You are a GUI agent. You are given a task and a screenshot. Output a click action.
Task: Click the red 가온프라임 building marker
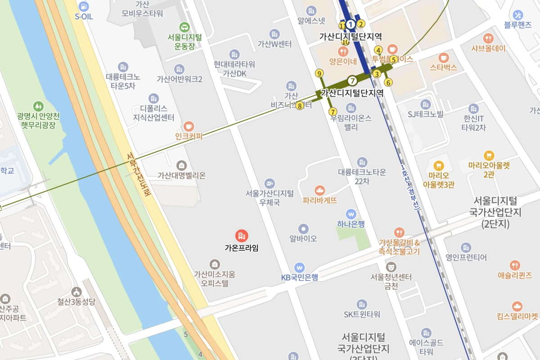coord(242,235)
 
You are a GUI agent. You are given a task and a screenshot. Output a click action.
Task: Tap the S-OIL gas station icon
coord(83,6)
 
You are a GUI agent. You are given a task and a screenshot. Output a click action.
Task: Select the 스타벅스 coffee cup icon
coord(444,57)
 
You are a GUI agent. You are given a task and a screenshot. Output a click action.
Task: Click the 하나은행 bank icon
coord(351,214)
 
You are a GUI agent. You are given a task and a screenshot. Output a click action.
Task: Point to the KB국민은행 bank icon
coord(299,267)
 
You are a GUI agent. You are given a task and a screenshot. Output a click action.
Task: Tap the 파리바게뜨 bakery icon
coord(320,190)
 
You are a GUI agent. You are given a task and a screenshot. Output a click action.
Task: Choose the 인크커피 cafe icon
coord(189,126)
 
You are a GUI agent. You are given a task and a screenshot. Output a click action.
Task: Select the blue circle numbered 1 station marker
coord(351,24)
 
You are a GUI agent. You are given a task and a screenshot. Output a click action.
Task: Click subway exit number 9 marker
coord(319,73)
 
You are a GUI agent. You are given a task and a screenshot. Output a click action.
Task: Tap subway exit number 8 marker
coord(300,106)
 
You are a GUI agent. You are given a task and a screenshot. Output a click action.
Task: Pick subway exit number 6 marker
coord(388,82)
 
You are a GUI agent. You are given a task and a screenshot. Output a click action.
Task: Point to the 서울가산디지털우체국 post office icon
coord(270,183)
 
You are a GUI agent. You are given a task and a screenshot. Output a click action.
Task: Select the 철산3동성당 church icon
coord(76,292)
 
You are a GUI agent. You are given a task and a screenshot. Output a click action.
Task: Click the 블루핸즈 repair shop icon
coord(518,15)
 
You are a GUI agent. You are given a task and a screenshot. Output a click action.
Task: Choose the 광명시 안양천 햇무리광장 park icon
coord(39,107)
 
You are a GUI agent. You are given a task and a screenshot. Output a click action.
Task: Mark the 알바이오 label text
coord(303,239)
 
